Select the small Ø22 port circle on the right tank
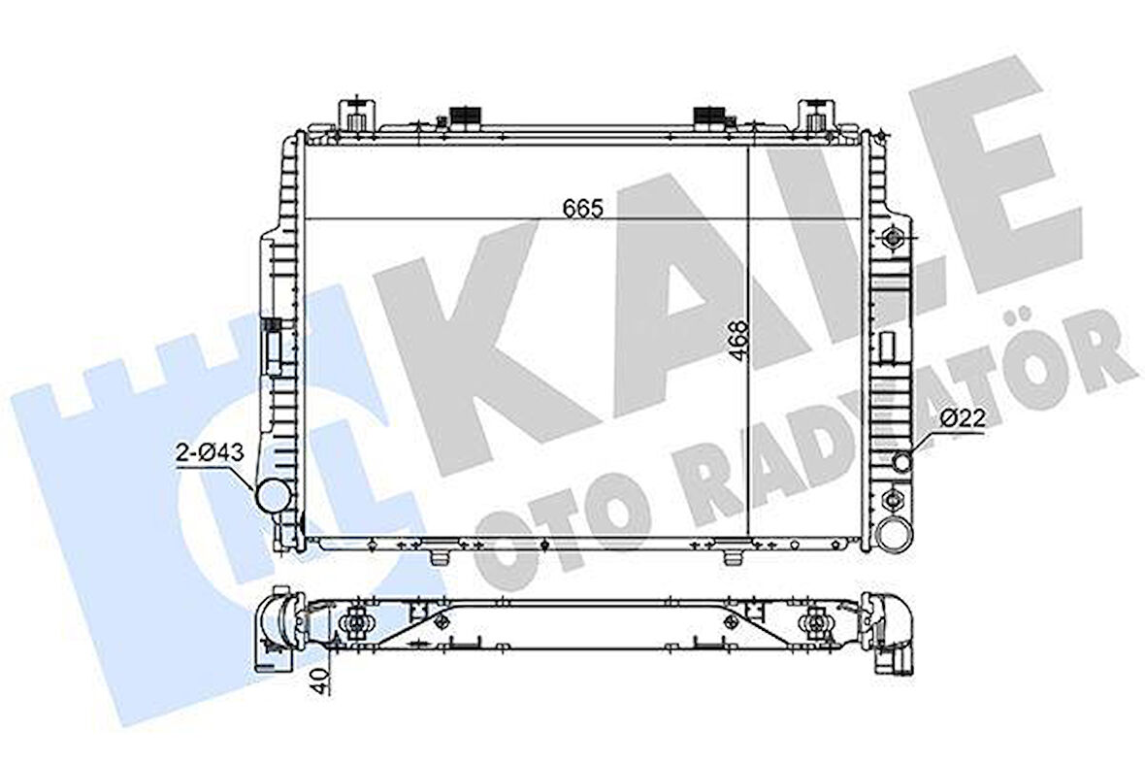902,461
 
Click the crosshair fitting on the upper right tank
892,239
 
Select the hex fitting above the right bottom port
892,502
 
